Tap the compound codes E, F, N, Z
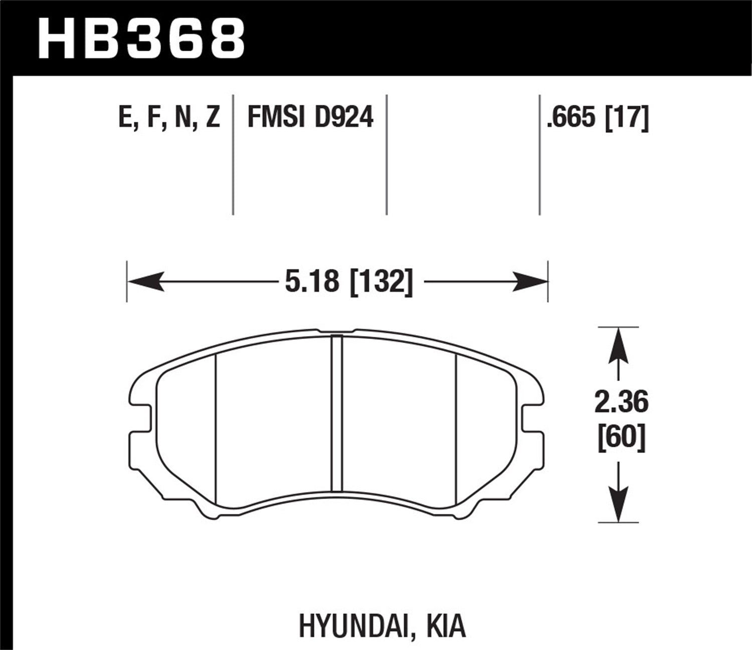pos(169,118)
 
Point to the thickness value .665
pos(573,118)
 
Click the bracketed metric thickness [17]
pos(627,118)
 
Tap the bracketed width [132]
pos(381,281)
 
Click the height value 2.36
pos(621,403)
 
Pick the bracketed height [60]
pos(621,438)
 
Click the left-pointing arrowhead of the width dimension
pos(145,281)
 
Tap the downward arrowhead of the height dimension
pos(619,504)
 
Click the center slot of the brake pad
pos(337,414)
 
